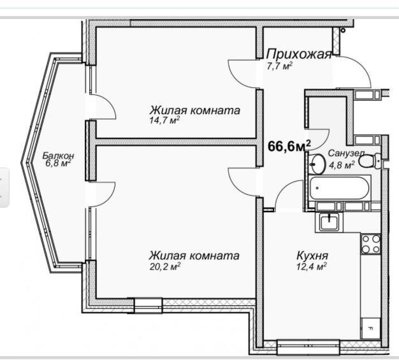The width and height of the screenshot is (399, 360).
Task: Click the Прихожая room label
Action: point(300,54)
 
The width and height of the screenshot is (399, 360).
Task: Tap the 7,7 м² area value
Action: point(279,66)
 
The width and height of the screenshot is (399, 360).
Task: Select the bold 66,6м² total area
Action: point(289,146)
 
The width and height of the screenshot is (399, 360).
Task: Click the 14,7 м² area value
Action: point(164,120)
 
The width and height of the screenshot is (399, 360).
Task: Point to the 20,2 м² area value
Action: point(165,266)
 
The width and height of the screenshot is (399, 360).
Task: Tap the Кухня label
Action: point(312,256)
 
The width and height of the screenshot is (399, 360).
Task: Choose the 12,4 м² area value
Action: point(312,266)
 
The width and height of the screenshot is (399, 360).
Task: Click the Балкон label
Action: point(58,155)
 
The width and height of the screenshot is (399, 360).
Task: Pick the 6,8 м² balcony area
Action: point(58,163)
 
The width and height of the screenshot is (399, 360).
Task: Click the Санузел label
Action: point(346,153)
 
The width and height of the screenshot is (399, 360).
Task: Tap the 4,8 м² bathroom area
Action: point(342,165)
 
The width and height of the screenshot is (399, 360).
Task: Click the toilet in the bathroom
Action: point(370,161)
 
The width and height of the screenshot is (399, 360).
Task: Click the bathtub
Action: point(340,188)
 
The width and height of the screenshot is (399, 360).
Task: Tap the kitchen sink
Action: point(330,222)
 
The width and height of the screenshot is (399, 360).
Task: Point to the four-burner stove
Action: point(371,244)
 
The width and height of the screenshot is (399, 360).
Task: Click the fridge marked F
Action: point(371,328)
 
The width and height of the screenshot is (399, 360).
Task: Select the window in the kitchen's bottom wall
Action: point(308,347)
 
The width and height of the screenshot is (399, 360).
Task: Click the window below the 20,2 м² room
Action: point(148,305)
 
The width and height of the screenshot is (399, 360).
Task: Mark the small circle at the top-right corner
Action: point(343,31)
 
